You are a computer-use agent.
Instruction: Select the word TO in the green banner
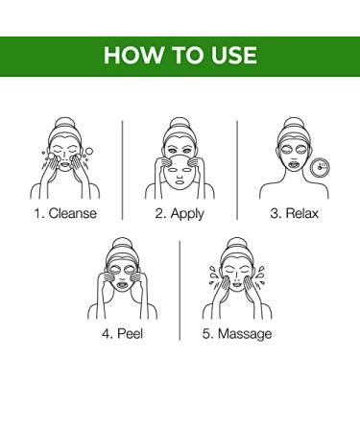[x=187, y=55]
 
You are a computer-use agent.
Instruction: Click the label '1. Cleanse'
[x=65, y=213]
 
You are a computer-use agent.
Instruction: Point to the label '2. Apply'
[x=180, y=214]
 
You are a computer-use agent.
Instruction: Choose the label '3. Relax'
[x=294, y=213]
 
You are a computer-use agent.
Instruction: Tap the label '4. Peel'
[x=122, y=333]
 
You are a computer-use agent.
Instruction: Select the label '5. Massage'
[x=237, y=334]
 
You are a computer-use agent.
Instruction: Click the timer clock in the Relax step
[x=321, y=167]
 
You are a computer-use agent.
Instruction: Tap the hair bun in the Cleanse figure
[x=65, y=123]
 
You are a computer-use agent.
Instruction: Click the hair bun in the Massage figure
[x=237, y=244]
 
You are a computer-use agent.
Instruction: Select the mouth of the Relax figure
[x=294, y=165]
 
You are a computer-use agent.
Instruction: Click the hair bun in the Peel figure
[x=122, y=244]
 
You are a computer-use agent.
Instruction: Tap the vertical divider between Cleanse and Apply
[x=123, y=170]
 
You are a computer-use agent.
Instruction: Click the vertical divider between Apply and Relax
[x=237, y=170]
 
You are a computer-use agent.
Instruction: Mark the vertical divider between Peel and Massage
[x=180, y=291]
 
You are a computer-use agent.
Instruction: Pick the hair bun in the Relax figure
[x=294, y=123]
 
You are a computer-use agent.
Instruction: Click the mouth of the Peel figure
[x=122, y=284]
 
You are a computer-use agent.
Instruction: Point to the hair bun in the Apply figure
[x=180, y=123]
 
